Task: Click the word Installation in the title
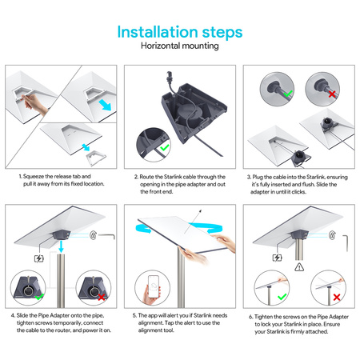coord(158,32)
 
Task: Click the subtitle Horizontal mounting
coord(180,46)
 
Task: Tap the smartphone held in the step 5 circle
coord(154,286)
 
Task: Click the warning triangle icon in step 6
coord(299,267)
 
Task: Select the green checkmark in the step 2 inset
coord(165,147)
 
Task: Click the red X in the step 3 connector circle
coord(332,94)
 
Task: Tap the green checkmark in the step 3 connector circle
coord(288,94)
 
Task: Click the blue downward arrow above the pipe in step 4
coord(62,246)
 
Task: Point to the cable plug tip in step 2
coord(169,74)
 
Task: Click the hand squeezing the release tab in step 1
coord(34,103)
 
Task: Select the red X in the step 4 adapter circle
coord(102,297)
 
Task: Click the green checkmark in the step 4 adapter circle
coord(39,297)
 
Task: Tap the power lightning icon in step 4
coord(39,258)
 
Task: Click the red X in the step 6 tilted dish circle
coord(337,297)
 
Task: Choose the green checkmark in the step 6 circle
coord(282,297)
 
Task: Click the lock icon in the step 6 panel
coord(332,235)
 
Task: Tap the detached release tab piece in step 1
coord(96,157)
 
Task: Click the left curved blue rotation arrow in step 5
coord(142,229)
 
